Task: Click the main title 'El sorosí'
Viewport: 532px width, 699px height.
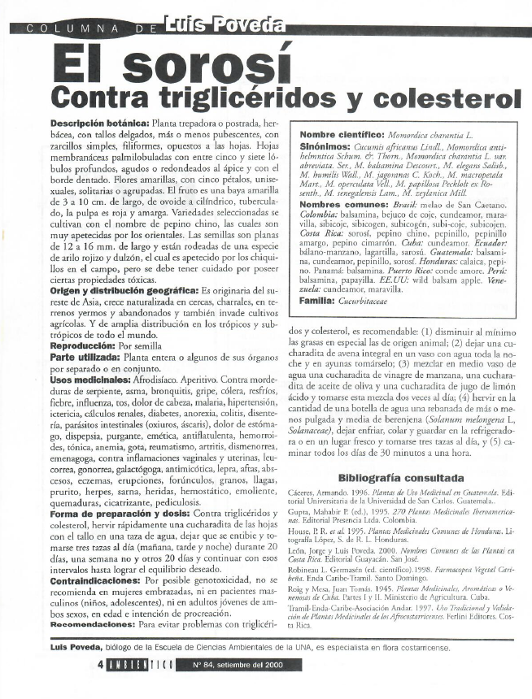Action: pyautogui.click(x=172, y=63)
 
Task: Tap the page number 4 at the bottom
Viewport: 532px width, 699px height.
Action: pyautogui.click(x=91, y=687)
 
